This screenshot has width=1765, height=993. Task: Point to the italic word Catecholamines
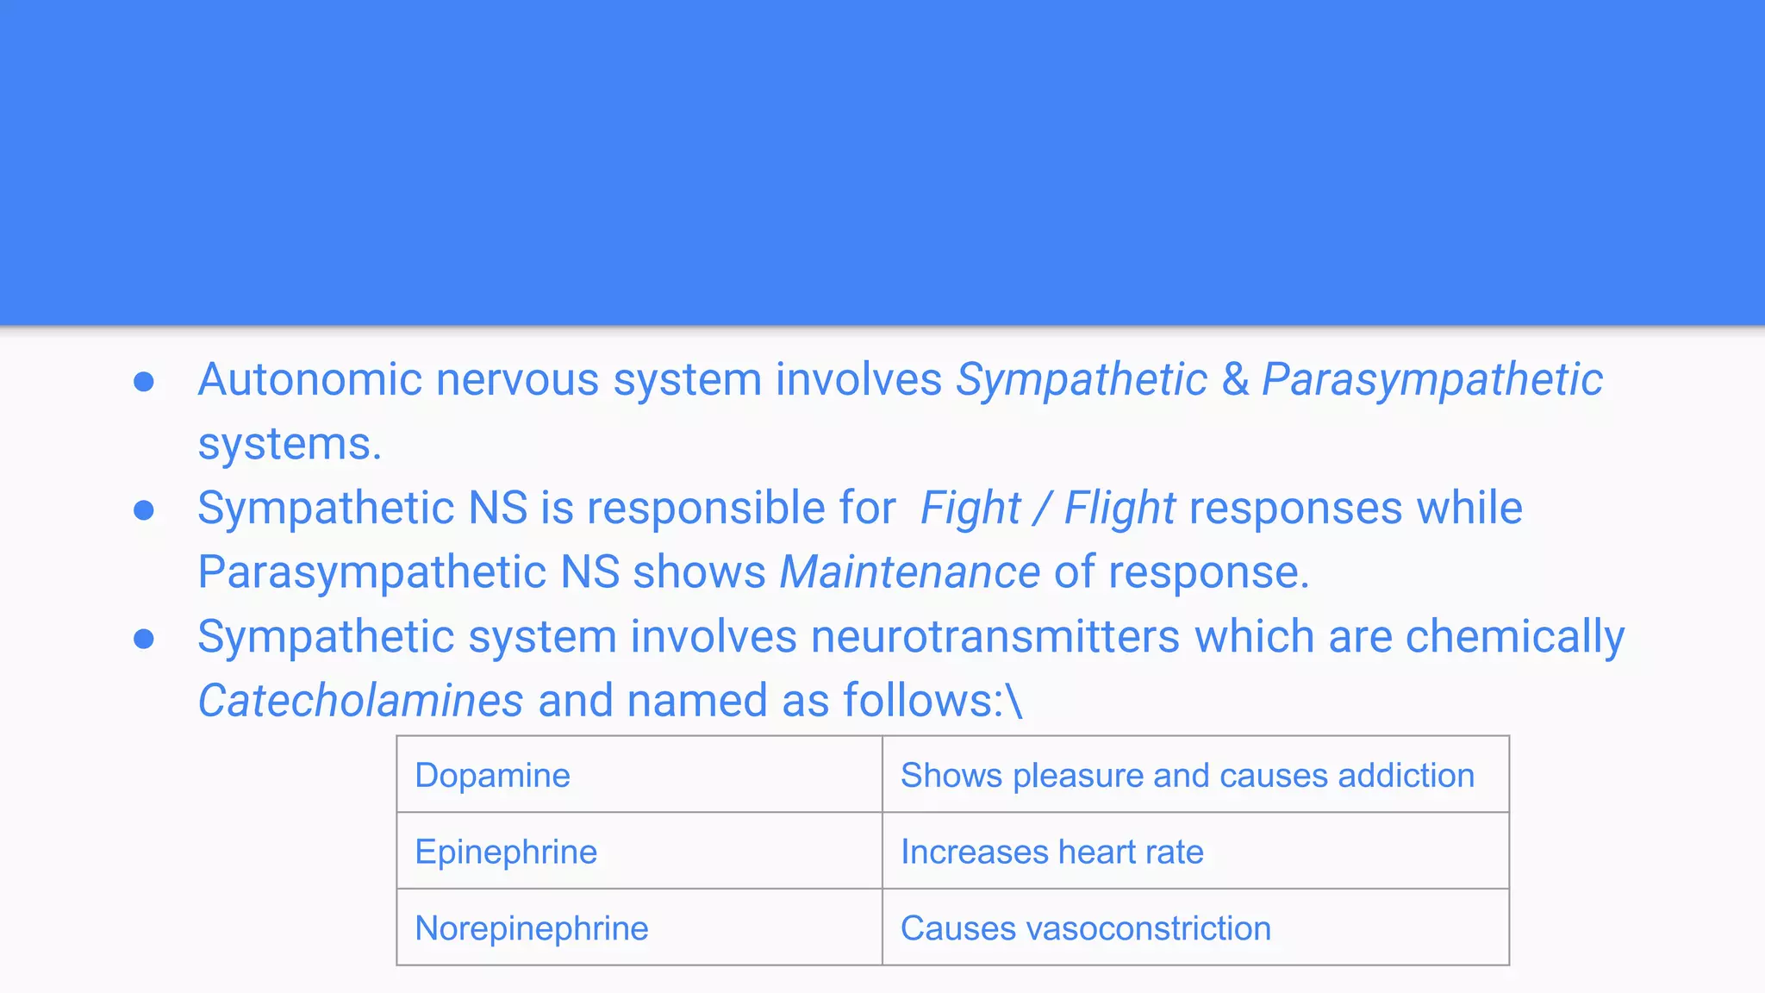coord(360,700)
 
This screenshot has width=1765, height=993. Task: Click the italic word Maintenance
coord(909,571)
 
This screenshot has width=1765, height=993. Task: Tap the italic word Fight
coord(970,508)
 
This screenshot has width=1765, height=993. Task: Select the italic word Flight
coord(1119,508)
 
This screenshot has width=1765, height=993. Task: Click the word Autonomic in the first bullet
coord(310,379)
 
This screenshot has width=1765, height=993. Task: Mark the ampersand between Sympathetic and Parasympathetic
coord(1235,379)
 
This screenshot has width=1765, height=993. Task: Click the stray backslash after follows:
coord(1014,700)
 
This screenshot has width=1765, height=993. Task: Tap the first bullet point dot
coord(144,382)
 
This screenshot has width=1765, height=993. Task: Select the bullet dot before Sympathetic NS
coord(144,510)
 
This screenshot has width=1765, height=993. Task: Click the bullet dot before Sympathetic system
coord(144,639)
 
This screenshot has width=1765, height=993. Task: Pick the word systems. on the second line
coord(290,444)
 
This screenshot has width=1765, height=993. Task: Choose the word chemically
coord(1514,636)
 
